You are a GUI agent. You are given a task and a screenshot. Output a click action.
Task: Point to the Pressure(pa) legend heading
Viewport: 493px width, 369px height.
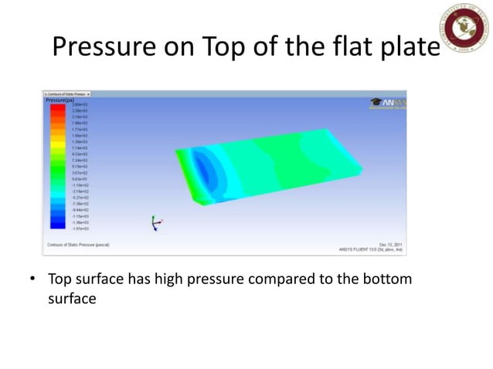pyautogui.click(x=59, y=100)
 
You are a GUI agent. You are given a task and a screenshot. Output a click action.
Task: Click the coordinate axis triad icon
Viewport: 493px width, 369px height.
pyautogui.click(x=156, y=222)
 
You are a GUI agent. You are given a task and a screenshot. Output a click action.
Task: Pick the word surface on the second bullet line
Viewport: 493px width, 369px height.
pyautogui.click(x=71, y=298)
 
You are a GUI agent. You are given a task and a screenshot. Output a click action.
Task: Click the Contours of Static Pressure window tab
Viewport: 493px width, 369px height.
pyautogui.click(x=68, y=93)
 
